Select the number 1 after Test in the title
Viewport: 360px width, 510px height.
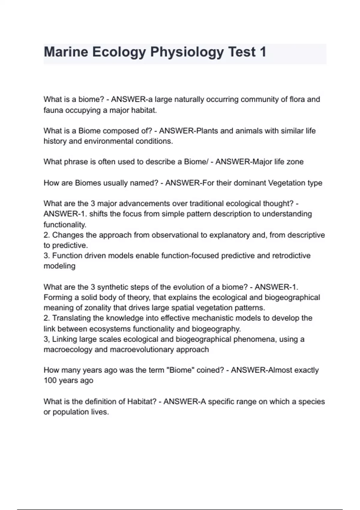coord(263,52)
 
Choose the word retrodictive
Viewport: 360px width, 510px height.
coord(291,256)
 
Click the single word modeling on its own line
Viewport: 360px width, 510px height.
coord(59,266)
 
